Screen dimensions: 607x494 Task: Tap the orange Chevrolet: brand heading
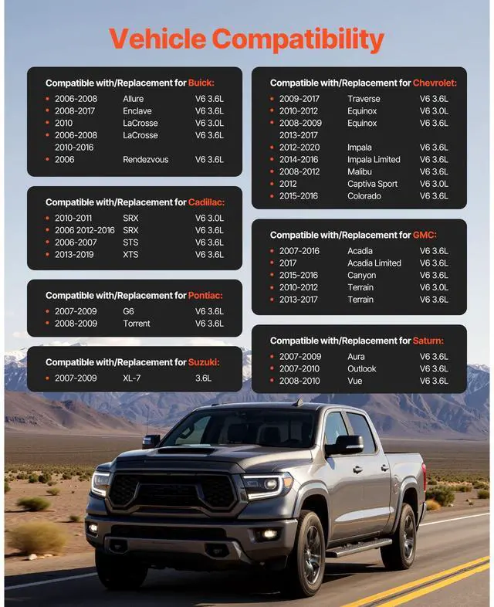point(435,83)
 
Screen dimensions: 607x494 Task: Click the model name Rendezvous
point(145,160)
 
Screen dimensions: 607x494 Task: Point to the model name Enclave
point(137,111)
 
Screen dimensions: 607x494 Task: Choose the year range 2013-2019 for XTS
point(74,255)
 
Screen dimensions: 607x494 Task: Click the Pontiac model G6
point(128,311)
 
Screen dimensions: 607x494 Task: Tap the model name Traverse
point(364,99)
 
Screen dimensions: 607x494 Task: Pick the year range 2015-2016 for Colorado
point(298,196)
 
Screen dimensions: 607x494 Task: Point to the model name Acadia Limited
point(374,263)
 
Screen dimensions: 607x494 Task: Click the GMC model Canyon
point(362,276)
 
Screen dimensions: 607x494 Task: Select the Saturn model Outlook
point(362,369)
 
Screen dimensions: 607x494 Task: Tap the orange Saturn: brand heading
point(428,341)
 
